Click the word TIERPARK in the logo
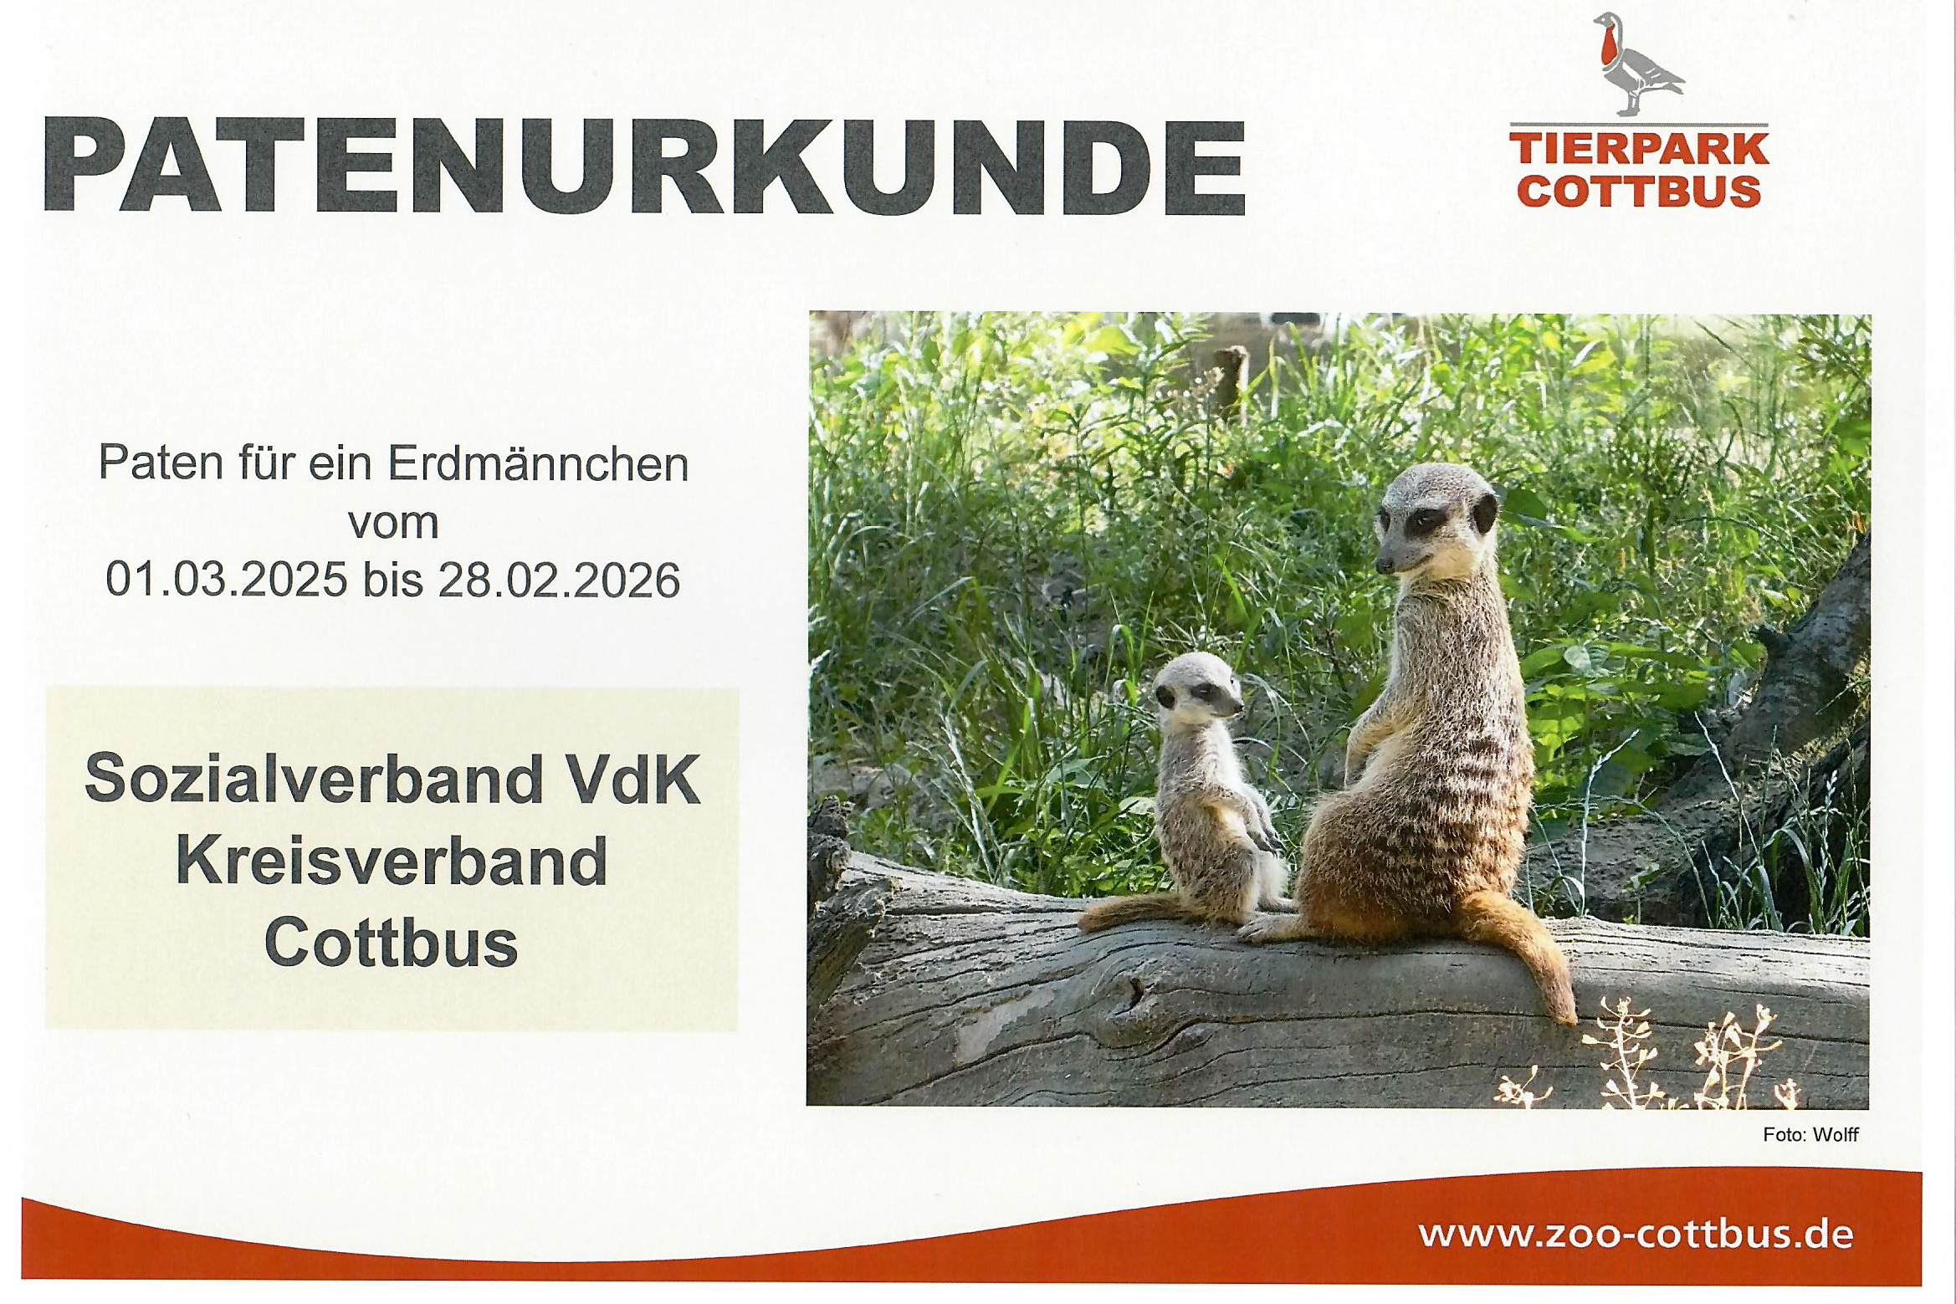(x=1639, y=151)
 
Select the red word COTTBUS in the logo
(x=1639, y=191)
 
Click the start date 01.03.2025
(x=226, y=580)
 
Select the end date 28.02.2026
(x=559, y=580)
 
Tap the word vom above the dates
(x=393, y=523)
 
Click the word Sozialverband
(x=314, y=780)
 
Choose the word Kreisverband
(x=392, y=862)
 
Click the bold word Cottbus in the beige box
(x=392, y=943)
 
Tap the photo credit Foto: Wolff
(x=1810, y=1135)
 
